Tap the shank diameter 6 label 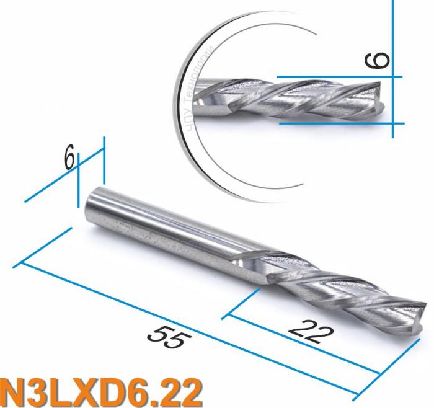(x=69, y=158)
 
